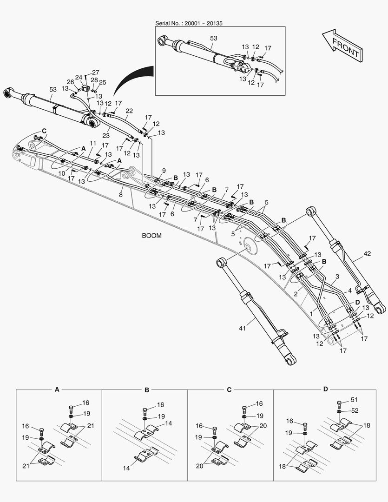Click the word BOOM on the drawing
click(151, 236)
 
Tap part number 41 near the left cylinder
click(242, 329)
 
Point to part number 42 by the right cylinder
click(367, 254)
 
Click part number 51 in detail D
click(354, 400)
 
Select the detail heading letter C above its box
click(229, 389)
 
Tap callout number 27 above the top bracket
click(95, 72)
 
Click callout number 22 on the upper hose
click(129, 111)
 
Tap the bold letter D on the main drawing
click(357, 303)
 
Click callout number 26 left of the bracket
click(70, 82)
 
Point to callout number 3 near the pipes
click(337, 277)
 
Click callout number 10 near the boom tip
click(62, 173)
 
